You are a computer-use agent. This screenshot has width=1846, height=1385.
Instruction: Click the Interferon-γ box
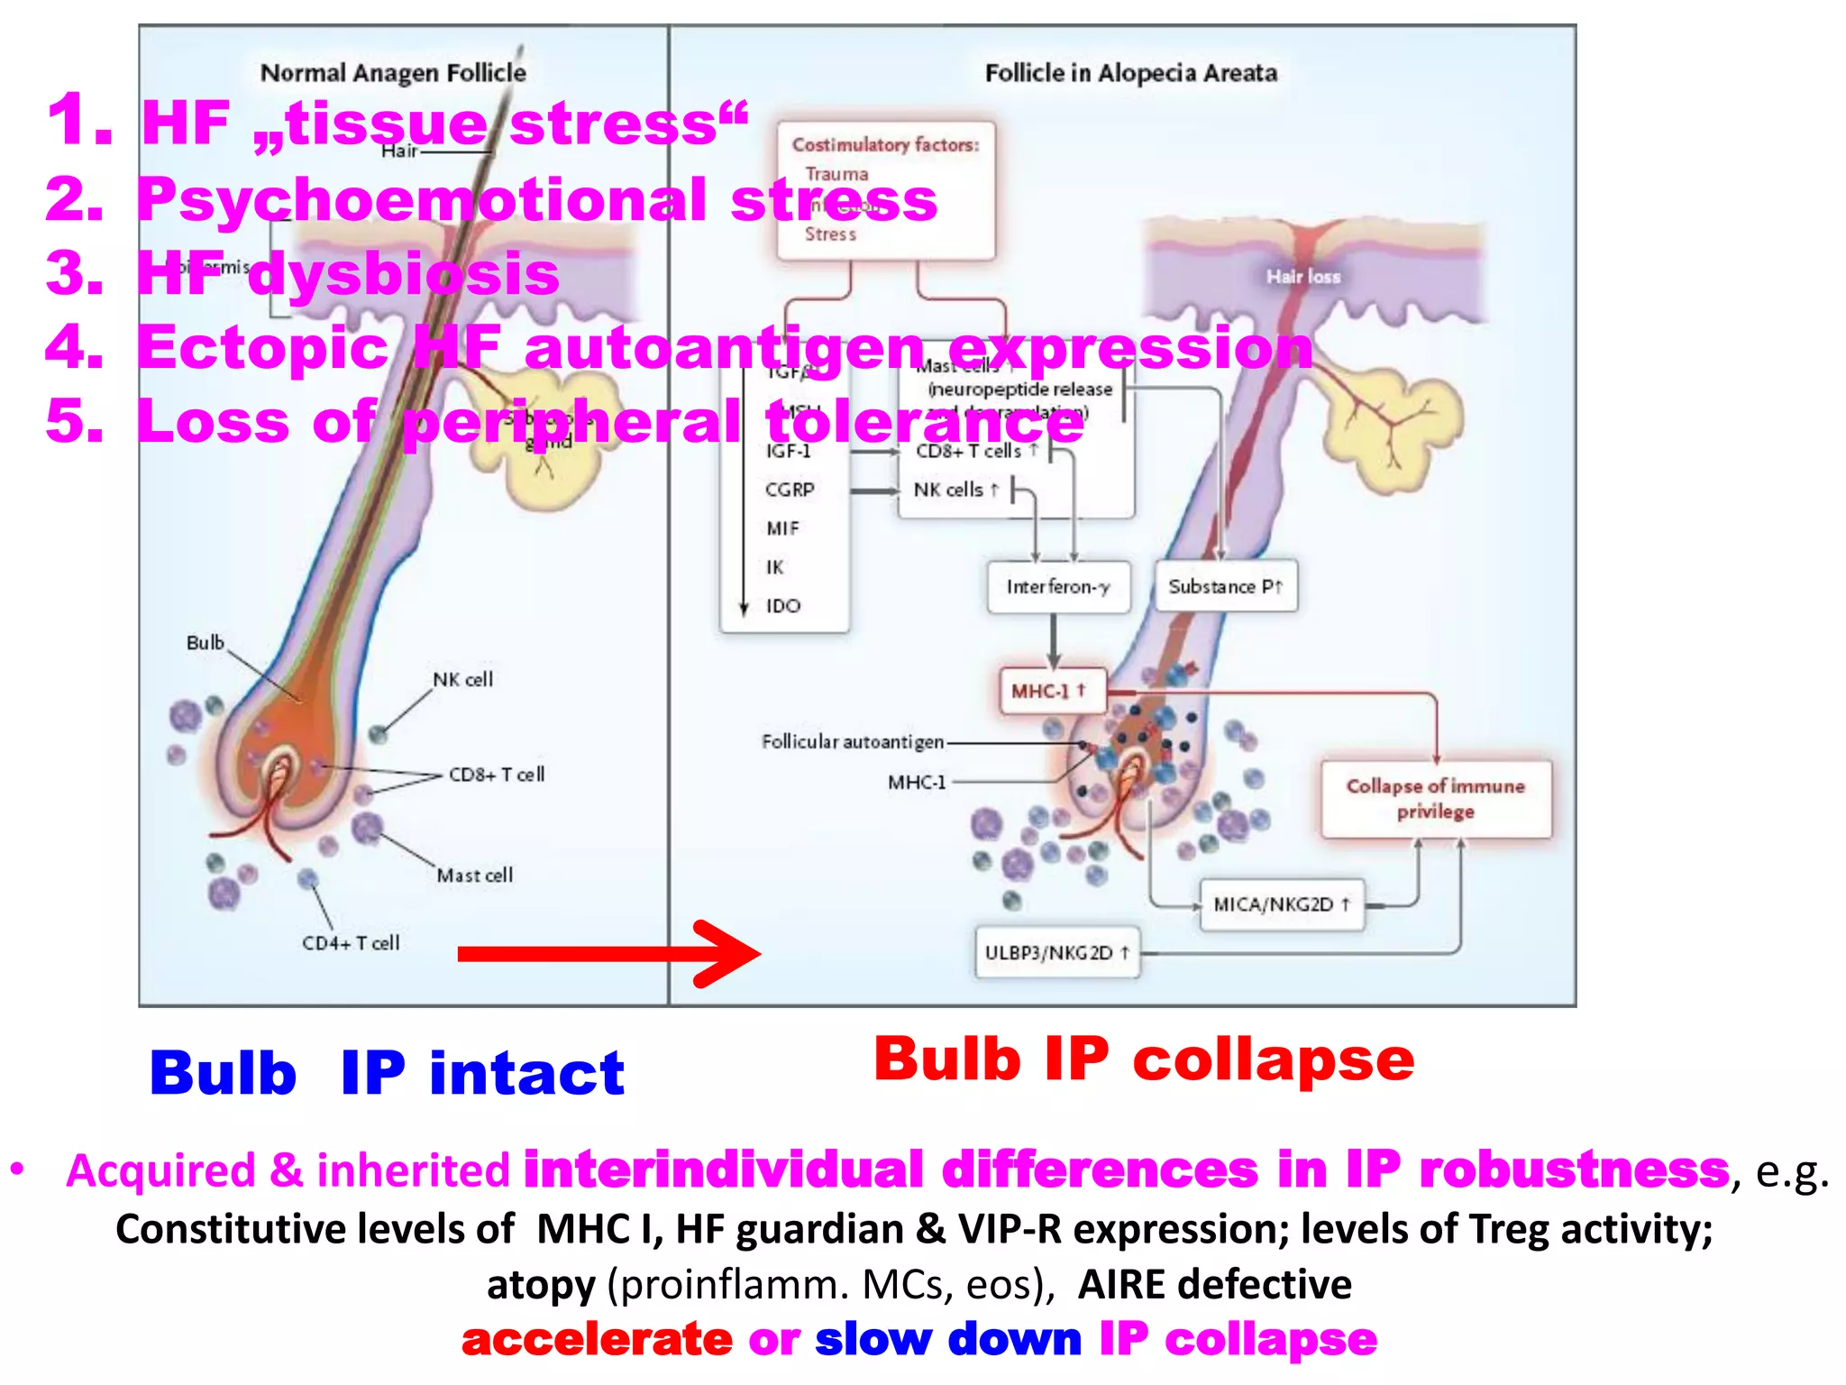pyautogui.click(x=1058, y=587)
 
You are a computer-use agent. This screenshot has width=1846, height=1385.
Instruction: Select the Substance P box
pyautogui.click(x=1226, y=587)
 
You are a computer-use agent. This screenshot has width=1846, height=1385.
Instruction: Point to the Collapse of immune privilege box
pyautogui.click(x=1436, y=799)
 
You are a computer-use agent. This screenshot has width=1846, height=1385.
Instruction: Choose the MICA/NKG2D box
pyautogui.click(x=1282, y=904)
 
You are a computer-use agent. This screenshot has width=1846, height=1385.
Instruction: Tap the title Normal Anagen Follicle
pyautogui.click(x=393, y=73)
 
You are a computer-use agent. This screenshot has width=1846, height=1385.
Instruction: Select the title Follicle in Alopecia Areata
pyautogui.click(x=1130, y=73)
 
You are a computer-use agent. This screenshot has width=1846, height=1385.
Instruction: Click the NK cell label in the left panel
pyautogui.click(x=463, y=680)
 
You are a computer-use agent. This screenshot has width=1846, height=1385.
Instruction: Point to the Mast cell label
pyautogui.click(x=475, y=875)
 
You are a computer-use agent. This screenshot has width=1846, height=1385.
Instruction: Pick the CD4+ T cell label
pyautogui.click(x=351, y=943)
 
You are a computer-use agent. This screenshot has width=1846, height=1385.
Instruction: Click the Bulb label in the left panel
pyautogui.click(x=206, y=643)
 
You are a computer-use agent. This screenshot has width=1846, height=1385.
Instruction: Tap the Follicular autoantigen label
pyautogui.click(x=853, y=742)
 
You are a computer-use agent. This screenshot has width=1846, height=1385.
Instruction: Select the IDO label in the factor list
pyautogui.click(x=783, y=606)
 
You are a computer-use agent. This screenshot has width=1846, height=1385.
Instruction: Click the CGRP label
pyautogui.click(x=790, y=490)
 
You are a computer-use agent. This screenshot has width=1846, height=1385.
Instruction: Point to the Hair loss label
pyautogui.click(x=1303, y=277)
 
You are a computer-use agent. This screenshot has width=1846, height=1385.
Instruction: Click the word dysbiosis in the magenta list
pyautogui.click(x=403, y=274)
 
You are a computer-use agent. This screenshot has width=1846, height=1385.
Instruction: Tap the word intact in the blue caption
pyautogui.click(x=526, y=1073)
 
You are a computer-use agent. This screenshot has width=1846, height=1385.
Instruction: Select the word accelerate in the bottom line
pyautogui.click(x=597, y=1340)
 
